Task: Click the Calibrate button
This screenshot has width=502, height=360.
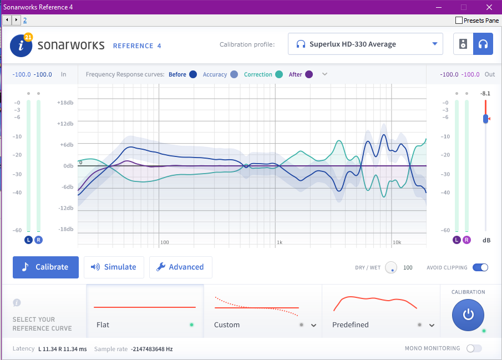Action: (x=45, y=267)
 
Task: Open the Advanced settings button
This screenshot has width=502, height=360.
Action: (x=180, y=267)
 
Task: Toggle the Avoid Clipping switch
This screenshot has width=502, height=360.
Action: (x=480, y=267)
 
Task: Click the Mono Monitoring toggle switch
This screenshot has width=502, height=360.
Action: (x=474, y=348)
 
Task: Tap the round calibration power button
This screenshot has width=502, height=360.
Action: (x=468, y=315)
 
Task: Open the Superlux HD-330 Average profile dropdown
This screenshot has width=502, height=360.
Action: (x=365, y=44)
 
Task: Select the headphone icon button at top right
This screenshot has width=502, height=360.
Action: (x=483, y=44)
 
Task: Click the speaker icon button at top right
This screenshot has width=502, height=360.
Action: (x=463, y=44)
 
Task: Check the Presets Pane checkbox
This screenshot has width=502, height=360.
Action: (x=459, y=21)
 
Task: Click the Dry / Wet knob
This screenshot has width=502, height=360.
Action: (x=392, y=267)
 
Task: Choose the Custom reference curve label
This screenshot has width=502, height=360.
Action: (x=227, y=324)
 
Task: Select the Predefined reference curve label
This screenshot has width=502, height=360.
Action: (x=351, y=324)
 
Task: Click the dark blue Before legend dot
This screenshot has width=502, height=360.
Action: (x=193, y=74)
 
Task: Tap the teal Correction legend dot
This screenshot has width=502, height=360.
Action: (x=279, y=74)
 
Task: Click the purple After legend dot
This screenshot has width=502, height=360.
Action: (x=309, y=74)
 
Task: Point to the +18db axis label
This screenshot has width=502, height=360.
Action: (x=65, y=103)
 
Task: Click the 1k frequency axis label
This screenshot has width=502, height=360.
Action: (x=280, y=242)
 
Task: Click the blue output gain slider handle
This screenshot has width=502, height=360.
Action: (x=486, y=119)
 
